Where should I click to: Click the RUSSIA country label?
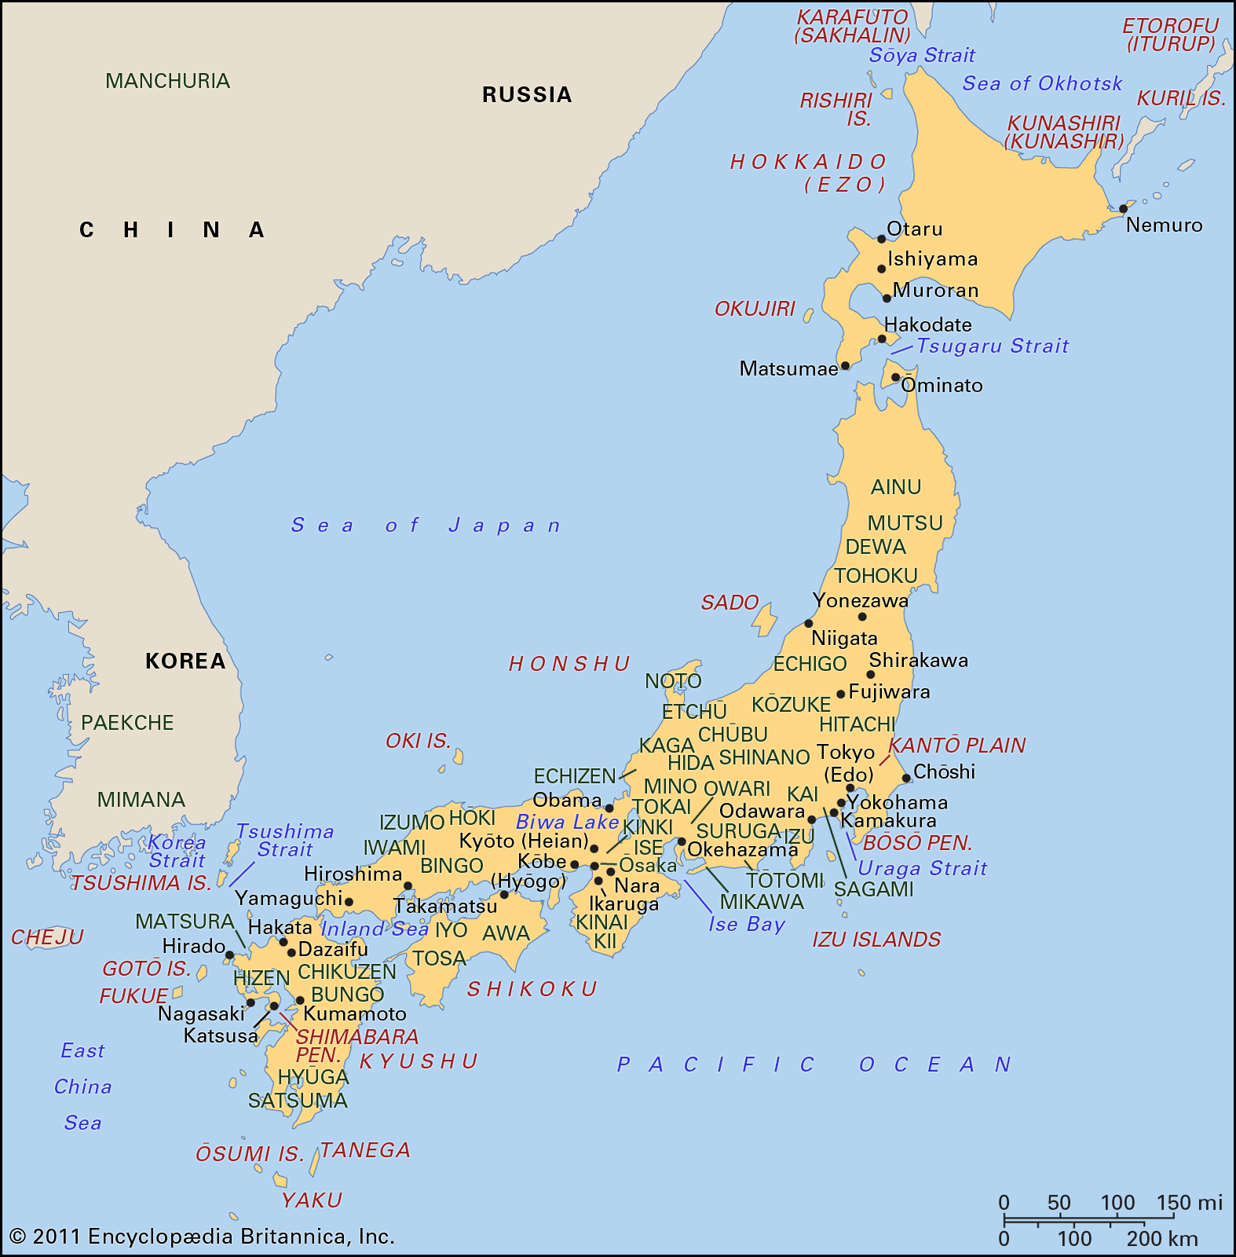527,95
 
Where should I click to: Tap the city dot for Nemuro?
1123,209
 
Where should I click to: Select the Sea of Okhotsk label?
1042,83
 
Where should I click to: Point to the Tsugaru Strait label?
993,346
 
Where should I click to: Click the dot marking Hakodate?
882,339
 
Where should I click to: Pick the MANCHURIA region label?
167,81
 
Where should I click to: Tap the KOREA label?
185,661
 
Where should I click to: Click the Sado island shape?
765,619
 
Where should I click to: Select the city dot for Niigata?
809,624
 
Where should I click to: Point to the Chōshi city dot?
906,779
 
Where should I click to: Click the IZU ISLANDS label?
876,940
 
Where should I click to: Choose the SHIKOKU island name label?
532,989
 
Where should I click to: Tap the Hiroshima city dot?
408,886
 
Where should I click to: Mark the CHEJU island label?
47,937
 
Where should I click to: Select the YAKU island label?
312,1200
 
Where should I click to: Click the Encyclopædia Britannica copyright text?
202,1237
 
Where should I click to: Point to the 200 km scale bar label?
1162,1239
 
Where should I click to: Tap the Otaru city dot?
882,239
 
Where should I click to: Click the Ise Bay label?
746,924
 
